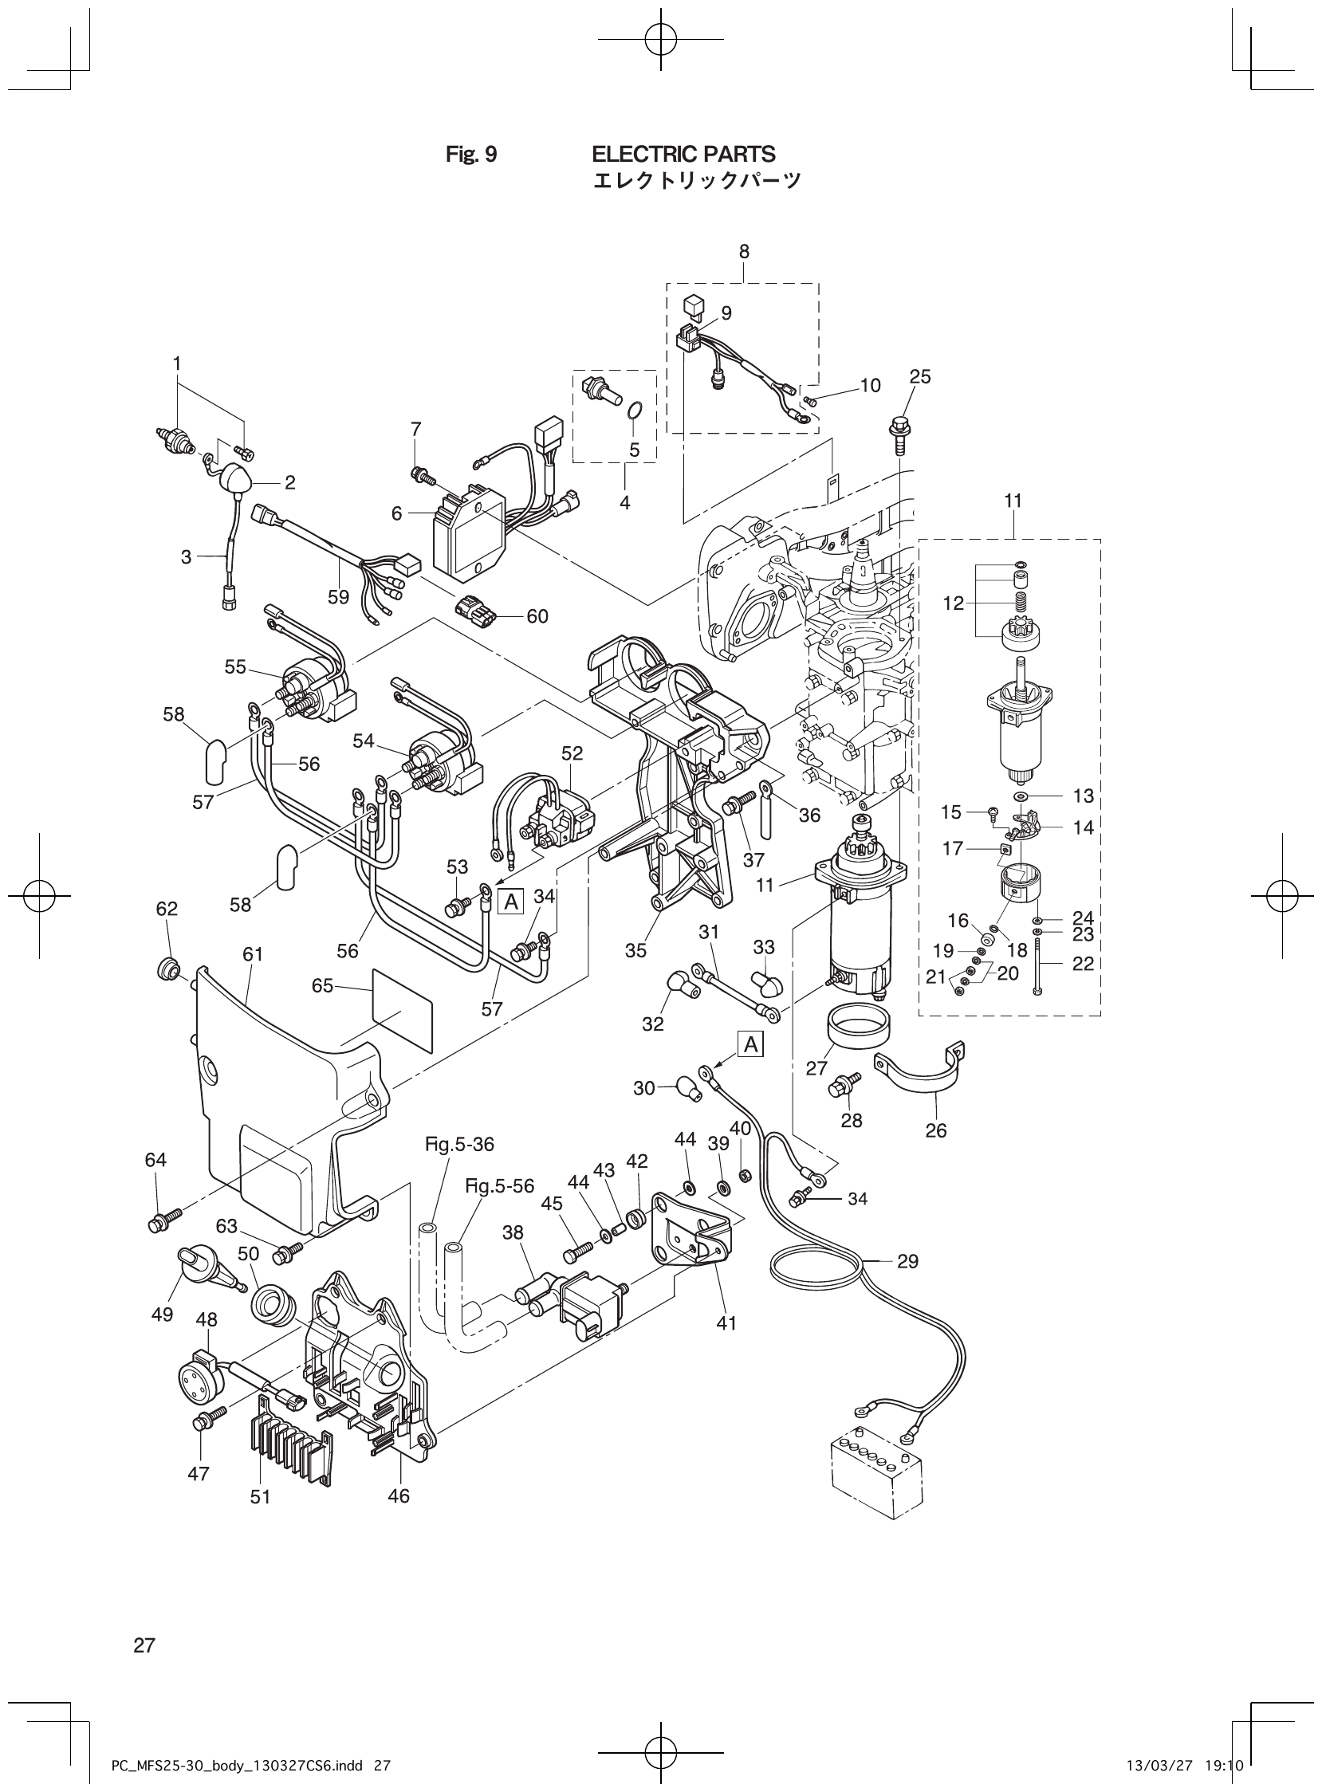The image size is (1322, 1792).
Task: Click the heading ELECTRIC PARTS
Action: pyautogui.click(x=683, y=154)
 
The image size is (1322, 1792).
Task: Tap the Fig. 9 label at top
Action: pyautogui.click(x=470, y=155)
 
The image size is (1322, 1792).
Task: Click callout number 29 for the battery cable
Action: pyautogui.click(x=907, y=1262)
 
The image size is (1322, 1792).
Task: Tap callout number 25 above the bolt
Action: pyautogui.click(x=920, y=376)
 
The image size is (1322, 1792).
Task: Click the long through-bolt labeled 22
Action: pyautogui.click(x=1038, y=966)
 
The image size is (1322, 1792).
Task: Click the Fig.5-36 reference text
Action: pyautogui.click(x=459, y=1145)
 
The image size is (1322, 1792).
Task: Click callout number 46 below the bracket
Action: pyautogui.click(x=398, y=1495)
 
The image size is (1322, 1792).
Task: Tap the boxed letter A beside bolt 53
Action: pyautogui.click(x=510, y=902)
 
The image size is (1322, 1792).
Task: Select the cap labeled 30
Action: pyautogui.click(x=687, y=1088)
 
